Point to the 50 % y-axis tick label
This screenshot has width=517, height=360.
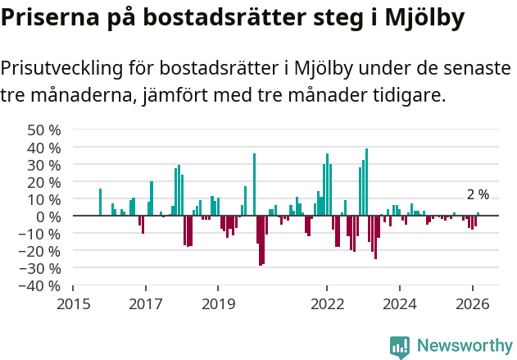click(x=44, y=130)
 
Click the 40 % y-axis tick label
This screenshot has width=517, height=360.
click(x=44, y=148)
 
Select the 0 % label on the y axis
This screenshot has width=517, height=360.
click(x=49, y=216)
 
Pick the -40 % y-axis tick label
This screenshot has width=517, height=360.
click(x=42, y=286)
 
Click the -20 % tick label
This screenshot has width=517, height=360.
click(x=42, y=251)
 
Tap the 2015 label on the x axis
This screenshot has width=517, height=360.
click(x=73, y=303)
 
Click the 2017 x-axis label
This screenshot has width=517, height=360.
click(x=146, y=303)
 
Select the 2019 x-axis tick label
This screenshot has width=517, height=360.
click(x=218, y=303)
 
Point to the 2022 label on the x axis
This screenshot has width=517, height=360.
click(x=327, y=303)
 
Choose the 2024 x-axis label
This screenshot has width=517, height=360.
click(x=400, y=303)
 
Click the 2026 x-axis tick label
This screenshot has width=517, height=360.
click(x=473, y=303)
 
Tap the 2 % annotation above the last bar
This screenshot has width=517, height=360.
click(x=478, y=195)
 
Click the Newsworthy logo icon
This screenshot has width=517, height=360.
click(x=400, y=347)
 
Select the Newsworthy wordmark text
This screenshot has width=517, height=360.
click(x=464, y=346)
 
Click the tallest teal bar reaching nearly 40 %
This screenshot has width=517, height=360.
click(x=366, y=182)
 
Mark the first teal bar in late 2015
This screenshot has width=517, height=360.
click(x=100, y=202)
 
